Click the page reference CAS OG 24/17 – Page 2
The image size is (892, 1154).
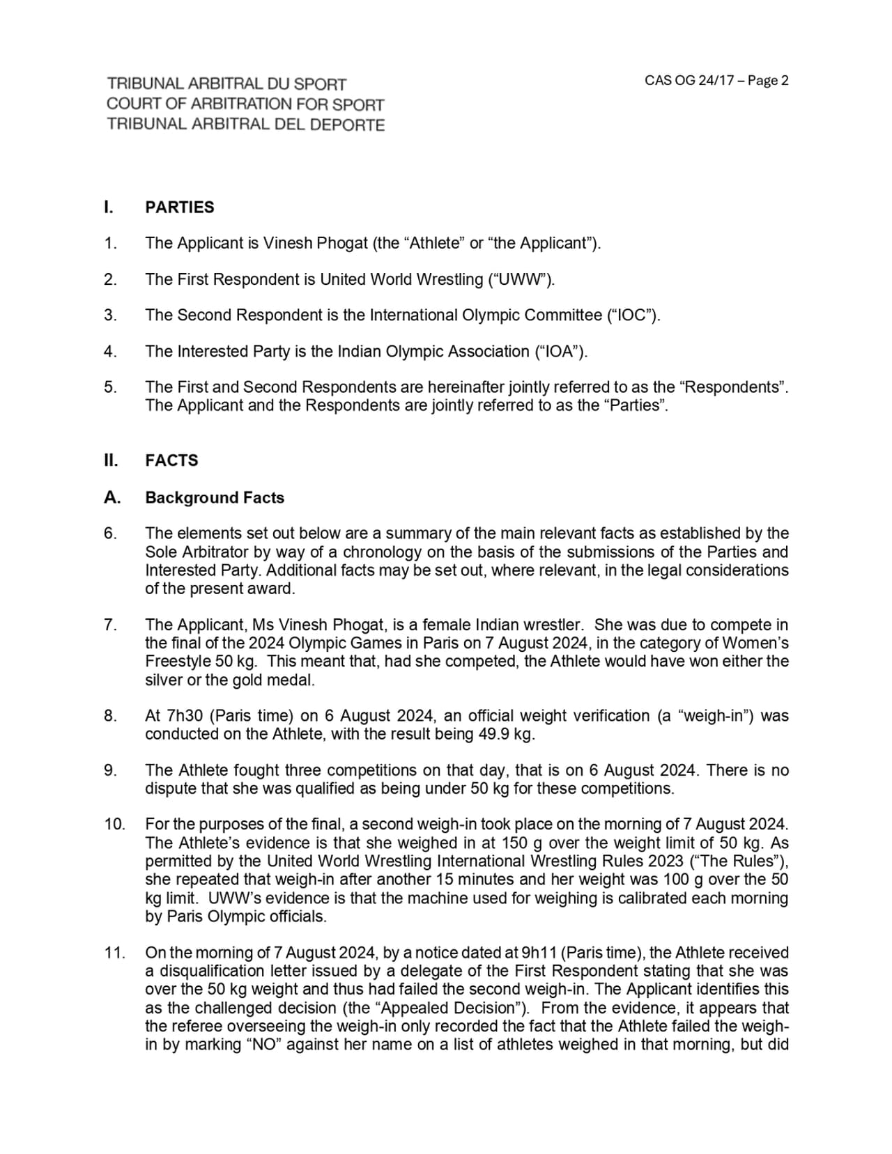tap(716, 81)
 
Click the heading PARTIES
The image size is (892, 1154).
tap(180, 208)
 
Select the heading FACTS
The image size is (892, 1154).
tap(171, 460)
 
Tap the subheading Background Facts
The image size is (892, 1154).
tap(215, 498)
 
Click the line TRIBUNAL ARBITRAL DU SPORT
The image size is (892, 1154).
tap(226, 84)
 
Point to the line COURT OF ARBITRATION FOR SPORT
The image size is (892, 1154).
tap(245, 104)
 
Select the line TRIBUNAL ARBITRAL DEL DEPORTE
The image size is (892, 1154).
tap(245, 125)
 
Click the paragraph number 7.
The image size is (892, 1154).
tap(110, 625)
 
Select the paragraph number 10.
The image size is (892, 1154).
tap(114, 825)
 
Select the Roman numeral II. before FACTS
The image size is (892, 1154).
tap(110, 460)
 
